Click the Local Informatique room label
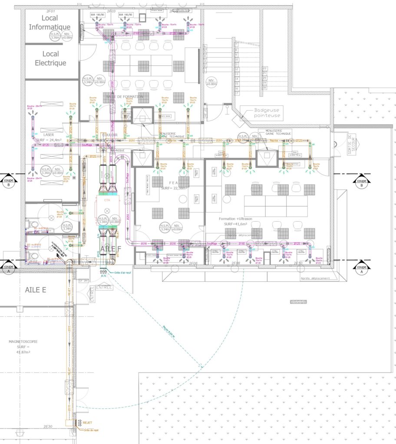[x=49, y=22]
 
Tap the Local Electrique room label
[x=50, y=59]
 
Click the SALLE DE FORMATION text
[x=126, y=96]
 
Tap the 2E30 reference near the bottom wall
[x=48, y=427]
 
